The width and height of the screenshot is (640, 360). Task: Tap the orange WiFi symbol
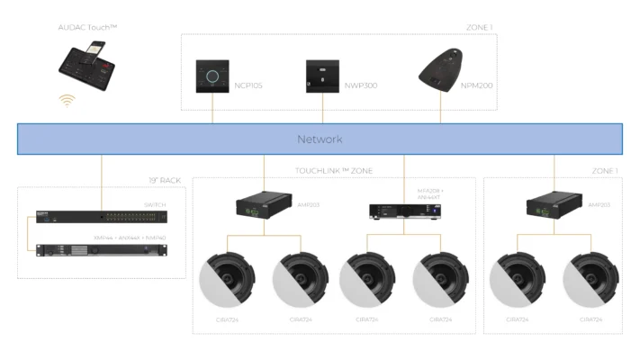[66, 101]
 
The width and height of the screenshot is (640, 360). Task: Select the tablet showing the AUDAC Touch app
[87, 66]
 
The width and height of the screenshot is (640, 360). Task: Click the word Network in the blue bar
[320, 139]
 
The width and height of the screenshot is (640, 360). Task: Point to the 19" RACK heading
[165, 181]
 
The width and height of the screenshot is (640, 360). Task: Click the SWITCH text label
[155, 205]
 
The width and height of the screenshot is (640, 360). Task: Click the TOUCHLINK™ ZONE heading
[334, 170]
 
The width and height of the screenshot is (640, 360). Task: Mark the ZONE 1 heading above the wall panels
[479, 28]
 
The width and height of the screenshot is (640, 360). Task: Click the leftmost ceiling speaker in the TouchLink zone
[227, 277]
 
